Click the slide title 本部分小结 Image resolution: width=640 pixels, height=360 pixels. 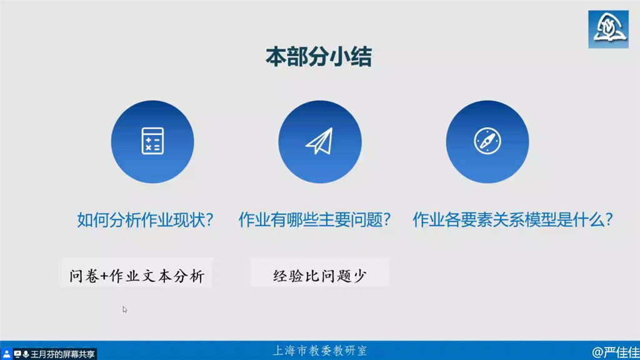pos(318,57)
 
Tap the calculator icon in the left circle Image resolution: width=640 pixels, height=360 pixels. pos(152,141)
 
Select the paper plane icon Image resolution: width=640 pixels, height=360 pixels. pos(319,141)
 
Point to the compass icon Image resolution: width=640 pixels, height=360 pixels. pos(487,141)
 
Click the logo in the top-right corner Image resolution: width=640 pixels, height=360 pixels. pos(608,29)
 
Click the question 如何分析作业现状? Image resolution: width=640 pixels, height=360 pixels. pos(145,219)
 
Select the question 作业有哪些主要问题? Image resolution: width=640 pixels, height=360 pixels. pos(315,219)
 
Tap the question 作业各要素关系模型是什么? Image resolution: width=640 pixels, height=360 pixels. pos(512,219)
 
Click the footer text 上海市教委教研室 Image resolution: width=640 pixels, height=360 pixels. pos(319,351)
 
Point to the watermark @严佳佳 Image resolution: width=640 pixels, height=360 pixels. pos(616,352)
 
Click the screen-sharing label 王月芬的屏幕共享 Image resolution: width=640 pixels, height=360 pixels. pos(62,354)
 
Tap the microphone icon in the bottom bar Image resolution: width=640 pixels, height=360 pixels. pos(26,354)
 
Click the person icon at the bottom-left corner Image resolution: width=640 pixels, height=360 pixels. pos(6,354)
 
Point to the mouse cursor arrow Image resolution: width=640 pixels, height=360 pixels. pos(124,309)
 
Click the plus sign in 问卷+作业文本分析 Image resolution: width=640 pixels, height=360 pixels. pos(104,276)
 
